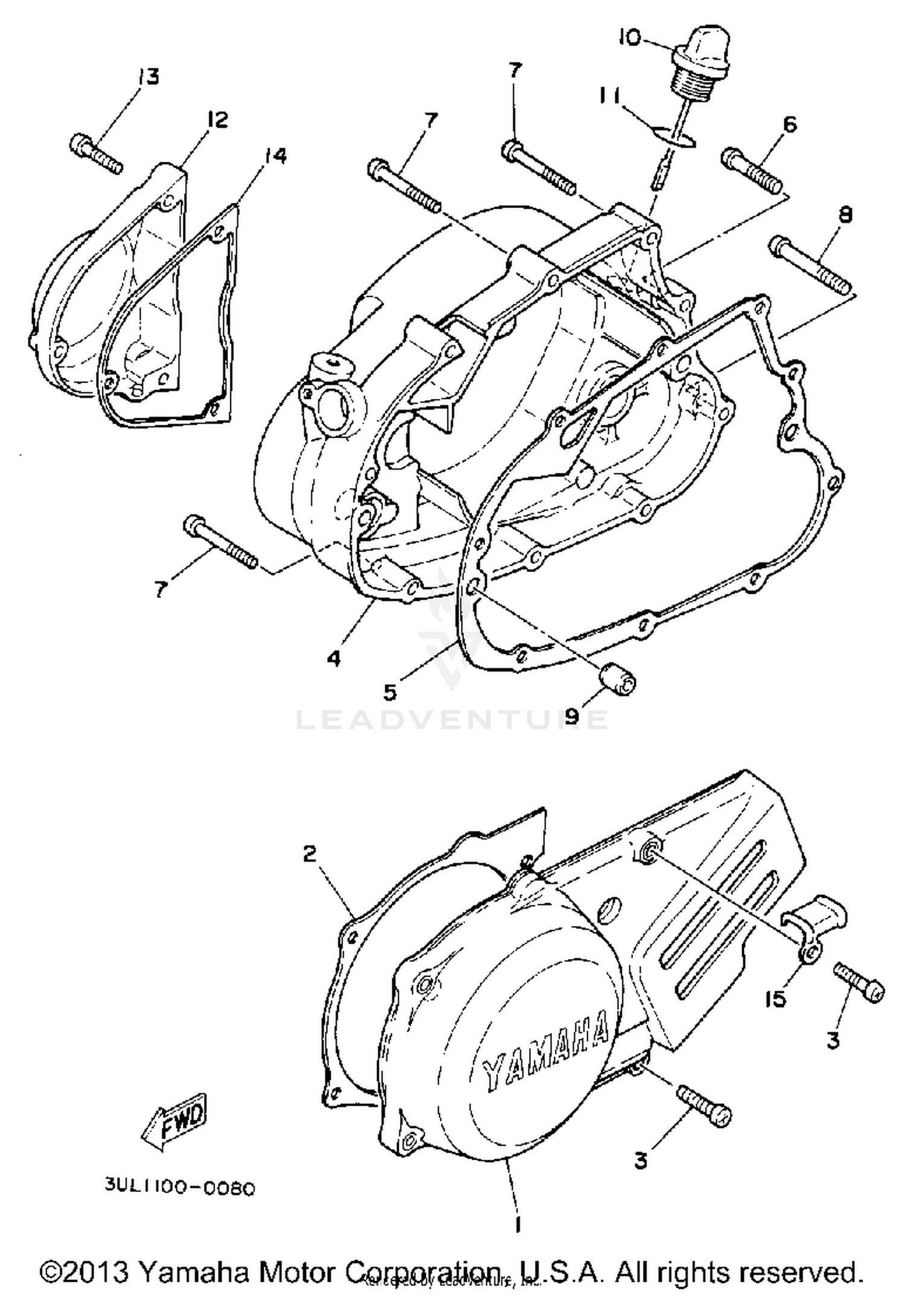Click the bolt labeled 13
[97, 152]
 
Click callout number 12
[217, 119]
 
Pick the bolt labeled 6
[752, 165]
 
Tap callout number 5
[390, 692]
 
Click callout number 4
[333, 658]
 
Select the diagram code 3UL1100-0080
[180, 1188]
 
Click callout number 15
[776, 999]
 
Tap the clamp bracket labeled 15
[815, 929]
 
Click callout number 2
[309, 854]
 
